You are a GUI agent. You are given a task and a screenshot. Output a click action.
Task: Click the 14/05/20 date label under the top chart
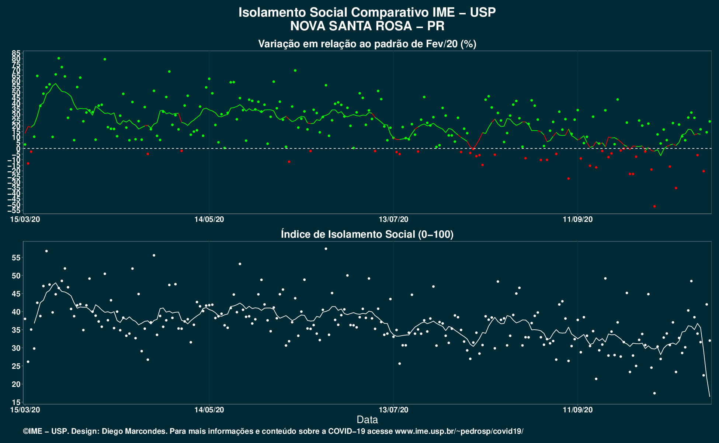pyautogui.click(x=209, y=219)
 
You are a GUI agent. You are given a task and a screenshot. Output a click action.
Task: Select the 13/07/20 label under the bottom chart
pyautogui.click(x=394, y=410)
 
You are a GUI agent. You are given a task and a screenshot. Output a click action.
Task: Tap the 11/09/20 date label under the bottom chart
pyautogui.click(x=578, y=410)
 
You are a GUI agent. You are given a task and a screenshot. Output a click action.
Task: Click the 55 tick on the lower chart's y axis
pyautogui.click(x=15, y=258)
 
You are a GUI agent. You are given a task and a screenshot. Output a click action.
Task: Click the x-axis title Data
pyautogui.click(x=367, y=420)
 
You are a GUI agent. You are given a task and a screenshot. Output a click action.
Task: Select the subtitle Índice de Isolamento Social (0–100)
pyautogui.click(x=367, y=234)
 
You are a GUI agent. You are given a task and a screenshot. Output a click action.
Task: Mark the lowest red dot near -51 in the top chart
pyautogui.click(x=654, y=206)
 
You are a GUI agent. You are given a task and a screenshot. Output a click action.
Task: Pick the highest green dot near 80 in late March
pyautogui.click(x=59, y=58)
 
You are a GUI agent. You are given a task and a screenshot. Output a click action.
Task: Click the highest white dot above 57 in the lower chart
pyautogui.click(x=326, y=249)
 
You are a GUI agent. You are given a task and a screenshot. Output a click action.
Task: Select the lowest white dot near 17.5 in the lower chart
pyautogui.click(x=654, y=393)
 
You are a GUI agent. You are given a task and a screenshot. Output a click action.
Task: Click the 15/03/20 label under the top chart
pyautogui.click(x=25, y=219)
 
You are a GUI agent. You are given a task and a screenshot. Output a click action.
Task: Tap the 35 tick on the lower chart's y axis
pyautogui.click(x=15, y=330)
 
